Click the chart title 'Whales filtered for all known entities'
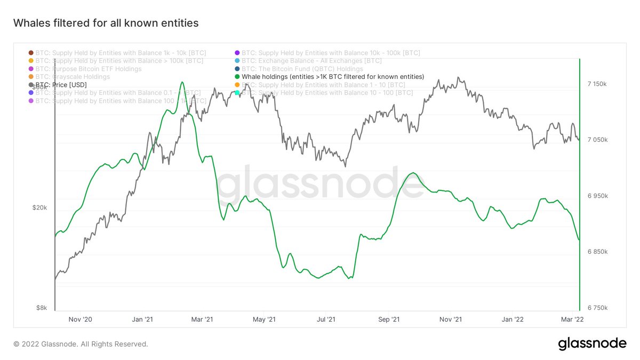(106, 23)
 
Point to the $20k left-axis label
(41, 208)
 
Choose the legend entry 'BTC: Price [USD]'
(61, 85)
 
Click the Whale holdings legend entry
(333, 77)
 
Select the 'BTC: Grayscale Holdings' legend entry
(73, 77)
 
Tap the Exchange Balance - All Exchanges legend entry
(311, 61)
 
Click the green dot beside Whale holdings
(237, 77)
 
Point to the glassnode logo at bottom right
(592, 343)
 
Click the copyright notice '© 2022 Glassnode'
(81, 344)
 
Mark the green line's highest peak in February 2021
(182, 82)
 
